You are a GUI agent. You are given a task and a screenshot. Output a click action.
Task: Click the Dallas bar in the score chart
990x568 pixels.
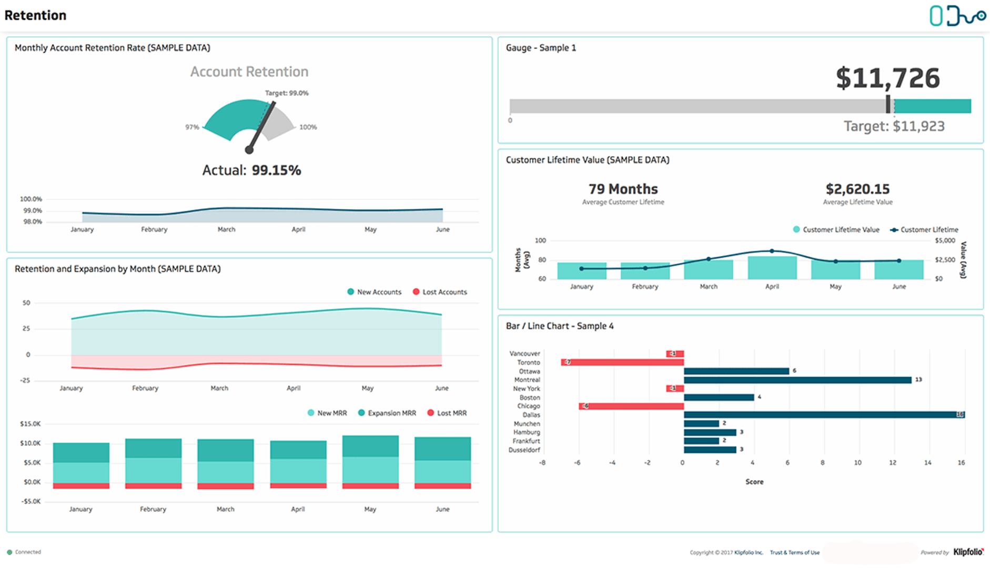point(824,415)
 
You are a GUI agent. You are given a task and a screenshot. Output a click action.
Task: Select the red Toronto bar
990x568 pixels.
point(622,362)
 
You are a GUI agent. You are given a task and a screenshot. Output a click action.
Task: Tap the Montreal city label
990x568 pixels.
point(527,380)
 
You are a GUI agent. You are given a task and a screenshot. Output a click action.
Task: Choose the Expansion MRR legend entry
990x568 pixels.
point(387,413)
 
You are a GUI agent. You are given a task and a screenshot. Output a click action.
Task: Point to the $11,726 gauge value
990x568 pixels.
point(887,78)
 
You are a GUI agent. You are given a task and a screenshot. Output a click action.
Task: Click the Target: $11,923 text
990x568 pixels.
point(894,126)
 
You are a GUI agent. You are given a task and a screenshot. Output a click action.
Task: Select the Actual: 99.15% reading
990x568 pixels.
point(251,170)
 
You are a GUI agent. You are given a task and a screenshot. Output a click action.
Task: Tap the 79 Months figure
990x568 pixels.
point(623,189)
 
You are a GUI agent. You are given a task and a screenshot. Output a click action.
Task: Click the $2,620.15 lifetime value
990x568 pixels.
point(857,189)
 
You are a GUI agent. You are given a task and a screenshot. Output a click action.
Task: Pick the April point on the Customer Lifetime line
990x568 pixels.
point(772,251)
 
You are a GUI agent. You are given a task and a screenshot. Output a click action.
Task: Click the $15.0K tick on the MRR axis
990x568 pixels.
point(30,424)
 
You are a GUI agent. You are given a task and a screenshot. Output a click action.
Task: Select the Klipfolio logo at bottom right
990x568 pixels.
point(968,552)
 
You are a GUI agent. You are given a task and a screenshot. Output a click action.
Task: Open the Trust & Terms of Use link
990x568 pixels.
point(794,553)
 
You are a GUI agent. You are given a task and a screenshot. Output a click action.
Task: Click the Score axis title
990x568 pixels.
point(754,482)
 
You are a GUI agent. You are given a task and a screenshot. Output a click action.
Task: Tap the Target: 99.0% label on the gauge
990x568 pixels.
point(287,93)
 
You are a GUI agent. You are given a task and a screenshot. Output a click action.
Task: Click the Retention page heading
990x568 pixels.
point(35,15)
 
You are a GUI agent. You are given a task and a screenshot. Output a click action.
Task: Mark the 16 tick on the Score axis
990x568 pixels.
point(961,463)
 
